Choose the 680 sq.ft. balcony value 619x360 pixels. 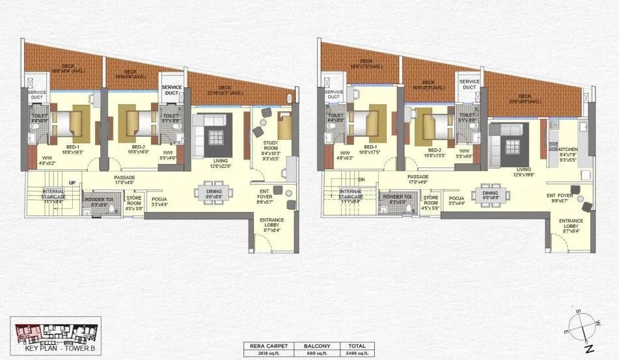[314, 353]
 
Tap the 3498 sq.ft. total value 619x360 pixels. [356, 353]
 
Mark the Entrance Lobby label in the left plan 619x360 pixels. [271, 223]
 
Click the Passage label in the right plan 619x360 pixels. [417, 176]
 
